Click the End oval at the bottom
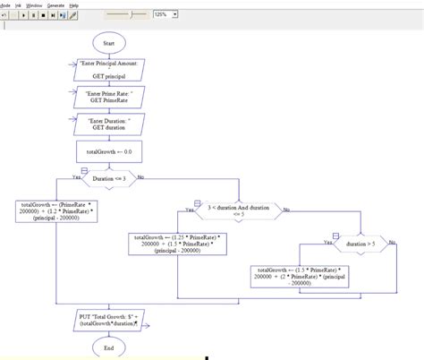[x=108, y=347]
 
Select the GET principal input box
[x=108, y=71]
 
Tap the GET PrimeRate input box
[x=108, y=98]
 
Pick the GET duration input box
[x=108, y=124]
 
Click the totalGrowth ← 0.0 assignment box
[x=108, y=153]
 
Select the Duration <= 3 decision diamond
[x=108, y=179]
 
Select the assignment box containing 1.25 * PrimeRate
[x=178, y=244]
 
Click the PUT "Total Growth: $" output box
[x=108, y=320]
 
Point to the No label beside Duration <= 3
[x=140, y=176]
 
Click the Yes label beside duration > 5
[x=326, y=242]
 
